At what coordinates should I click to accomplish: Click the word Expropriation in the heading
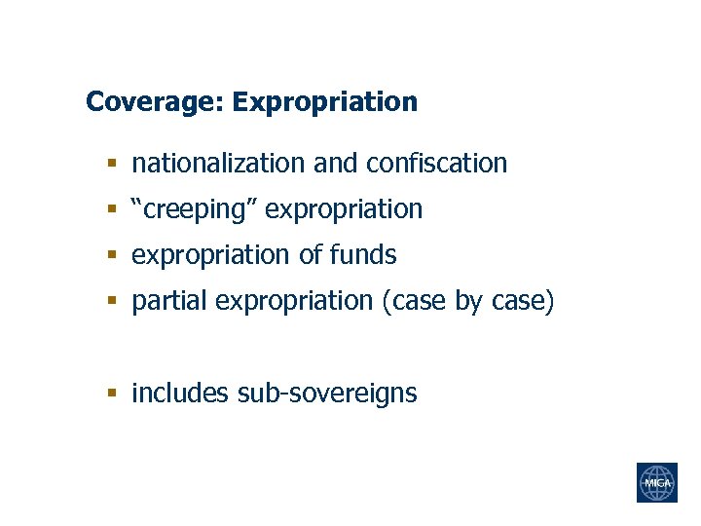(x=325, y=102)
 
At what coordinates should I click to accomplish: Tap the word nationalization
(x=219, y=163)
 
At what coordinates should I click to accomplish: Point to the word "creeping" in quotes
(x=194, y=209)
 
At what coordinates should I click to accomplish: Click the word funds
(x=363, y=255)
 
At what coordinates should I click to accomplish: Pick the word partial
(x=169, y=302)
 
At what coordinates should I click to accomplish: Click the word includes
(x=180, y=394)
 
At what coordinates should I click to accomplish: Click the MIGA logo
(x=656, y=482)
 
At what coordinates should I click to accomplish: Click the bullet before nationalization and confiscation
(x=112, y=164)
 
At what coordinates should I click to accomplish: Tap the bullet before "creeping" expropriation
(x=112, y=210)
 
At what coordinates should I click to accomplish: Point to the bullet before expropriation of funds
(x=112, y=256)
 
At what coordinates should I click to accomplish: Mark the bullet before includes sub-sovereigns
(x=112, y=394)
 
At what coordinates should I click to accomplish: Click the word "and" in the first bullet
(x=336, y=163)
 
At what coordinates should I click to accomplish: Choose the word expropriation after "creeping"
(x=344, y=209)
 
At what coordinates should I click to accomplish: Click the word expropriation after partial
(x=294, y=302)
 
